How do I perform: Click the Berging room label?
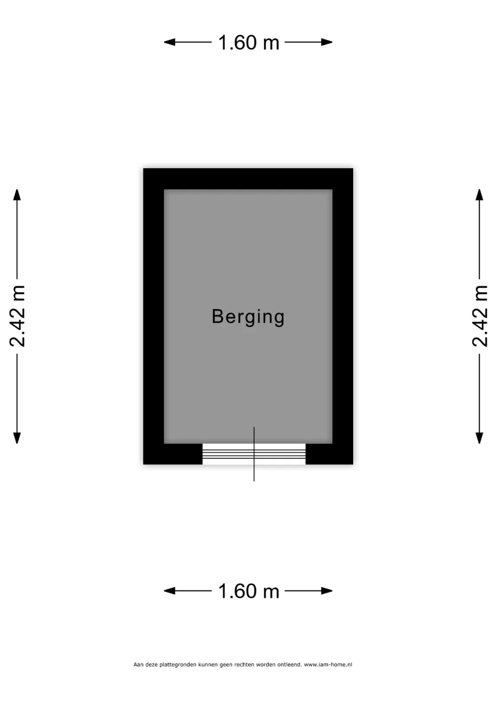[x=248, y=317]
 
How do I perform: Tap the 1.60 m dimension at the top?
[x=249, y=42]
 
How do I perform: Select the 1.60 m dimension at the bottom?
[x=249, y=591]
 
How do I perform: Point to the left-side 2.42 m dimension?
[x=17, y=316]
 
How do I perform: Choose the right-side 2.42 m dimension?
[x=480, y=316]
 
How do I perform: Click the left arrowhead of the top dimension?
[x=169, y=42]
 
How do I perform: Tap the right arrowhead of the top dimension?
[x=327, y=42]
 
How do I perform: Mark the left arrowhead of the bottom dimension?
[x=169, y=591]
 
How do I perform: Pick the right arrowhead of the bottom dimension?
[x=327, y=591]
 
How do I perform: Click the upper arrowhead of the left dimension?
[x=17, y=195]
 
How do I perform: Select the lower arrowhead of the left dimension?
[x=17, y=438]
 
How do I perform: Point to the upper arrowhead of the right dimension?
[x=480, y=195]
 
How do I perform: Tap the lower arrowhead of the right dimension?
[x=480, y=438]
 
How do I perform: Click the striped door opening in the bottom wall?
[x=254, y=454]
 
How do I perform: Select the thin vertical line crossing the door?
[x=254, y=454]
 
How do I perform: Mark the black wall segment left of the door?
[x=173, y=454]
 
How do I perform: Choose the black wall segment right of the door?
[x=329, y=454]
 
